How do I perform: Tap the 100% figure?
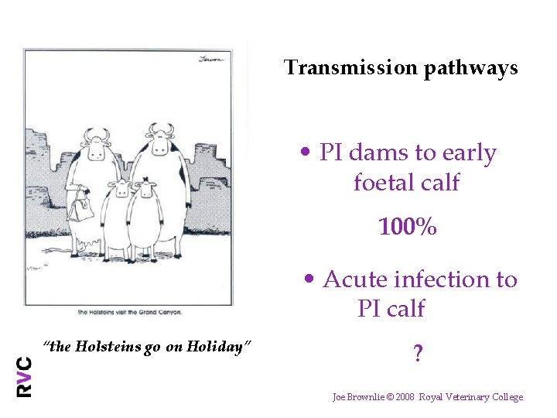408,228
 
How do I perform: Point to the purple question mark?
418,354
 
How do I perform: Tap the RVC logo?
25,376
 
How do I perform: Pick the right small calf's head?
145,190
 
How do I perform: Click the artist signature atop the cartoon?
211,58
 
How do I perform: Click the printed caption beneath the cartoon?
130,312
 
